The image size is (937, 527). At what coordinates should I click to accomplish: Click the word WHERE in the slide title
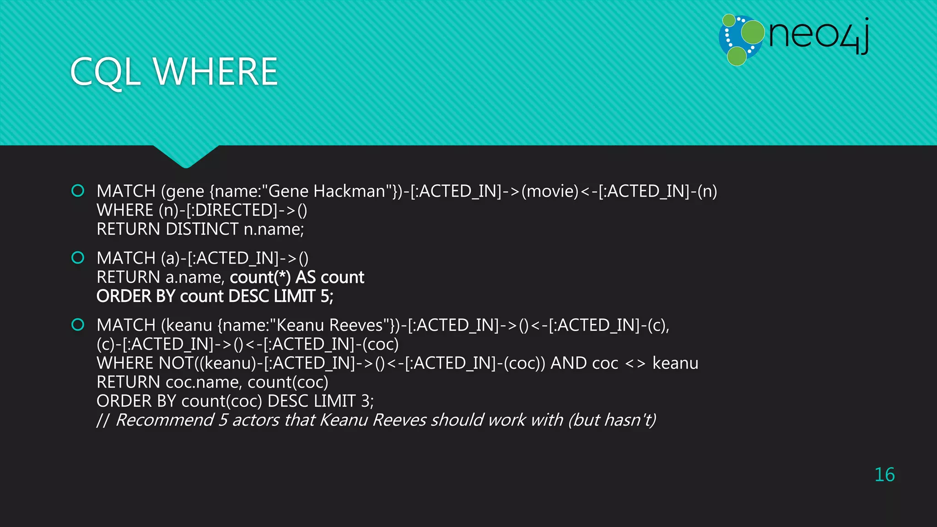point(215,72)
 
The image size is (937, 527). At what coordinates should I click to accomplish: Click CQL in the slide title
point(105,72)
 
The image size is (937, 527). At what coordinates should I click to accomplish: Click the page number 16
point(884,475)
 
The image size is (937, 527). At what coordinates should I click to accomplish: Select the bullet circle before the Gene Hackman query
point(78,190)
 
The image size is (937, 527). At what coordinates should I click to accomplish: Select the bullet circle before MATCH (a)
point(78,258)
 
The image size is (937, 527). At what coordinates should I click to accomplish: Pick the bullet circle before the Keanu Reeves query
point(78,325)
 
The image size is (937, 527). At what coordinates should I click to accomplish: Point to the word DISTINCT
point(202,229)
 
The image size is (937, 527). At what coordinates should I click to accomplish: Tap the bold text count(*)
point(260,277)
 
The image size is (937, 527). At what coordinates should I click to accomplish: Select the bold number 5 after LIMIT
point(325,296)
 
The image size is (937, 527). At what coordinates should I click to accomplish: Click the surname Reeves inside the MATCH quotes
point(356,325)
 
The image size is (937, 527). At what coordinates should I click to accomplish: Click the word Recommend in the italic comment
point(165,420)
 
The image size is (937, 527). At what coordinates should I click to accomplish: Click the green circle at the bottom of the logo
point(737,56)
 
